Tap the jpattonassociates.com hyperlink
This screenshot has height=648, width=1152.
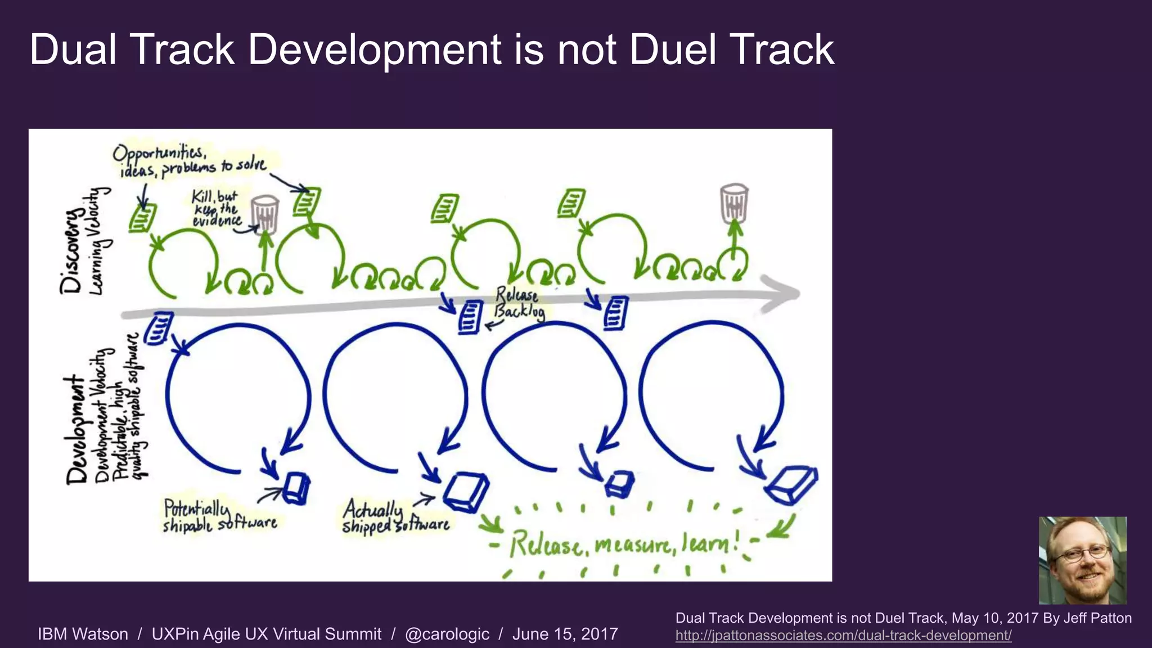[843, 636]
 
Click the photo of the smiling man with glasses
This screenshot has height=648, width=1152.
[1082, 560]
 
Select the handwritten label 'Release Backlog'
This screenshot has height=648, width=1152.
[519, 304]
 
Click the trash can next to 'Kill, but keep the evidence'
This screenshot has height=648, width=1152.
[265, 214]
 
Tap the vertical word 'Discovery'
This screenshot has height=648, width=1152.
[72, 251]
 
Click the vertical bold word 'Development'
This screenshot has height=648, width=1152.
[76, 430]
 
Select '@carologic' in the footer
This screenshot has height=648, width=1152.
[447, 634]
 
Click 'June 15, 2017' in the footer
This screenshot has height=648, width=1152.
[565, 634]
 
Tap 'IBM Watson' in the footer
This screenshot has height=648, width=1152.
[83, 634]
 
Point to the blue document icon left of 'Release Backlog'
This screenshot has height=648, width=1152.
[470, 317]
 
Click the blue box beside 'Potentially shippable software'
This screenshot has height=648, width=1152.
[296, 488]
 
